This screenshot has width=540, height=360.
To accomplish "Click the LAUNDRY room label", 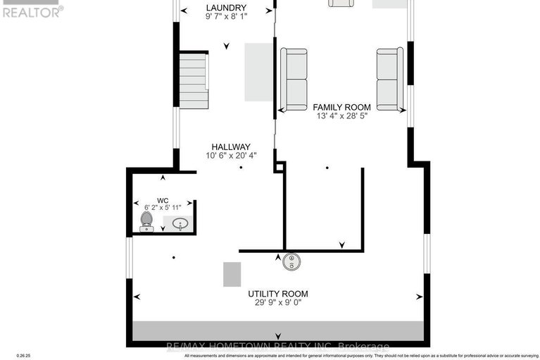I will pos(227,8).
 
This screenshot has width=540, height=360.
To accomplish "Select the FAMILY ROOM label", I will pos(341,108).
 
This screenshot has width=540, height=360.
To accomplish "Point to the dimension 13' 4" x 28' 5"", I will pos(341,118).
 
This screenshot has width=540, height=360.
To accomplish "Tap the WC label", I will pos(163,199).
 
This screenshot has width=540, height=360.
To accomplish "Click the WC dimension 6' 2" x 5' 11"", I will pos(163,208).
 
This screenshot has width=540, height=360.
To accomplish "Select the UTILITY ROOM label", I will pos(277,294).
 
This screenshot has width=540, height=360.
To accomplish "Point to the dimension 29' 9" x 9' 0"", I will pos(277,304).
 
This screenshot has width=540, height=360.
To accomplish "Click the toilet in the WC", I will pos(146,221).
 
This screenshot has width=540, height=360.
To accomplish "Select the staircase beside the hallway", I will pos(194,81).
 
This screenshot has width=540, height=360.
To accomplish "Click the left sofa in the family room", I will pos(294,79).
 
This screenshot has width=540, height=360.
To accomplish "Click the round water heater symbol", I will pos(291,263).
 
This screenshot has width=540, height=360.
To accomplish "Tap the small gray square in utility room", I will pos(232,274).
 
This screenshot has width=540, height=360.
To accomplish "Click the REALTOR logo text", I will pos(32,11).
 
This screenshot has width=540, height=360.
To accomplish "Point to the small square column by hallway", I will pos(280,167).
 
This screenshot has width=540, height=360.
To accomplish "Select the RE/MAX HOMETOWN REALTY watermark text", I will pos(277,346).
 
